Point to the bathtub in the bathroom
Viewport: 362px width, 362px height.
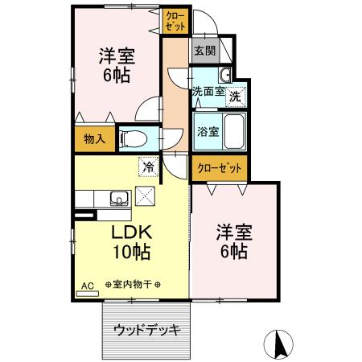pyautogui.click(x=234, y=131)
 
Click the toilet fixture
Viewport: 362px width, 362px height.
pyautogui.click(x=133, y=138)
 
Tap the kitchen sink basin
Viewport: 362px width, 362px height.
pyautogui.click(x=117, y=198)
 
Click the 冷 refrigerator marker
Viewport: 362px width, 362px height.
pyautogui.click(x=147, y=167)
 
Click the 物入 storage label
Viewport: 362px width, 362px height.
pyautogui.click(x=95, y=139)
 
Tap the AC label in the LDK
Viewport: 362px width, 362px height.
pyautogui.click(x=87, y=286)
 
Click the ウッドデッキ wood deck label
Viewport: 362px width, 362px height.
pyautogui.click(x=146, y=330)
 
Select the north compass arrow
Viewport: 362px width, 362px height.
pyautogui.click(x=281, y=345)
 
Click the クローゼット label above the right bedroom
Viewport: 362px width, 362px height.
pyautogui.click(x=219, y=168)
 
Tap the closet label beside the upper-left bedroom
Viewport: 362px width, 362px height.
pyautogui.click(x=175, y=21)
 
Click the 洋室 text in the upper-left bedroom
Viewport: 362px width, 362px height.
pyautogui.click(x=117, y=56)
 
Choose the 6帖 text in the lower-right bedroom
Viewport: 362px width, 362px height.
pyautogui.click(x=234, y=252)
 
